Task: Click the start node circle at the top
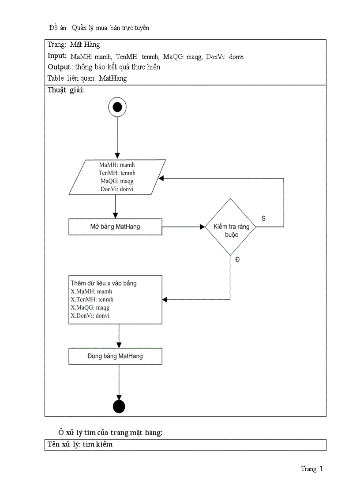click(117, 107)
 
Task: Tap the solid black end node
click(119, 406)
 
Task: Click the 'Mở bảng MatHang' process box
click(115, 227)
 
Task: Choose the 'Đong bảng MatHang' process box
click(115, 356)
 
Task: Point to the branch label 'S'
click(263, 218)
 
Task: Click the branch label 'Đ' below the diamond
click(237, 260)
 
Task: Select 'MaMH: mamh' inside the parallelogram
click(117, 165)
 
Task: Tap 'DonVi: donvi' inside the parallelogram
click(117, 189)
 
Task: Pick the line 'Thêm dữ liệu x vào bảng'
click(103, 283)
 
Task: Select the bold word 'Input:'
click(57, 56)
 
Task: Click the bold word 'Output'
click(59, 67)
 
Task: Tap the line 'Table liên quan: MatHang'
click(87, 78)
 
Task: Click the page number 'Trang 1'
click(311, 469)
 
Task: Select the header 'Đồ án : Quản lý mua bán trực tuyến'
click(99, 28)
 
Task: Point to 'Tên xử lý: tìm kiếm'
click(80, 444)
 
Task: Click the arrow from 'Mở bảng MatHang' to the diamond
click(183, 227)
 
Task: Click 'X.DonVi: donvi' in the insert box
click(90, 316)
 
